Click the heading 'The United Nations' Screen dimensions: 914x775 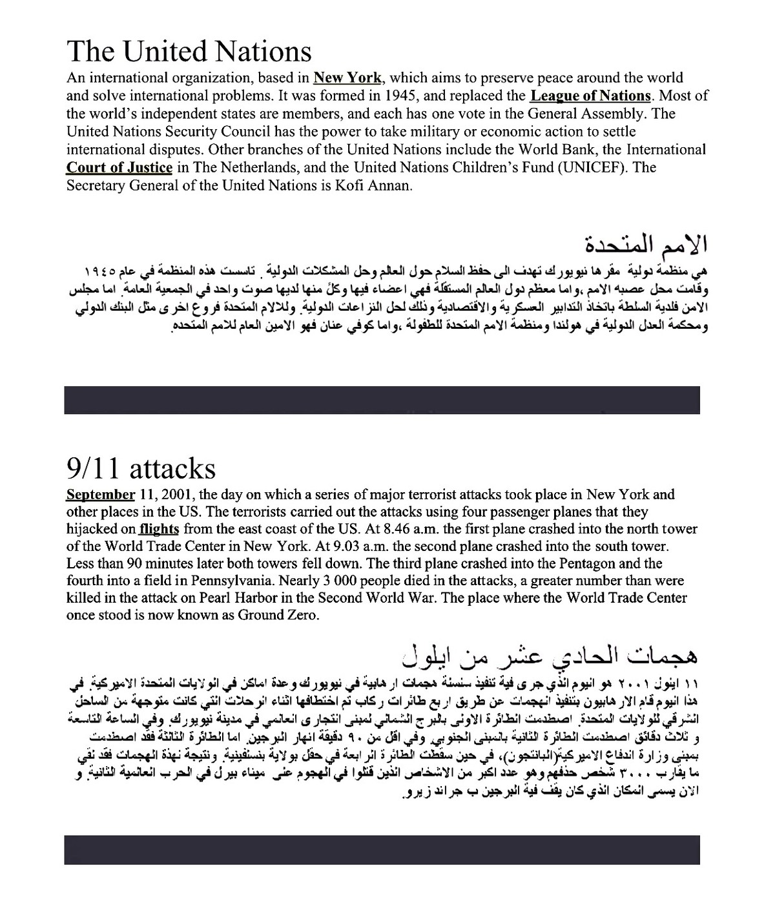tap(189, 52)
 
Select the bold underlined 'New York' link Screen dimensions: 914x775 tap(347, 78)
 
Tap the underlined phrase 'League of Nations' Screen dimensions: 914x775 tap(590, 96)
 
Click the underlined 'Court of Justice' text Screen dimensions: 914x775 tap(119, 168)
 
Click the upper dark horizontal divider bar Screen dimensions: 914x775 tap(382, 400)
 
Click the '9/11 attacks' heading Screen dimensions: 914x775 tap(141, 468)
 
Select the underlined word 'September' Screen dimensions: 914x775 tap(101, 495)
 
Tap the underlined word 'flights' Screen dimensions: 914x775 tap(159, 529)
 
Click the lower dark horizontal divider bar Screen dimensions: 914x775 tap(382, 849)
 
